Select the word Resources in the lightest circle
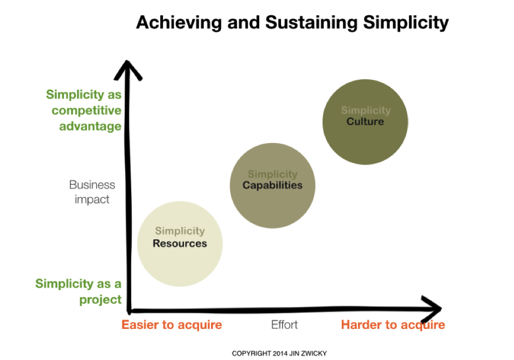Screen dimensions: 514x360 [180, 244]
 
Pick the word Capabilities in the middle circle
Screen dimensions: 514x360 [272, 185]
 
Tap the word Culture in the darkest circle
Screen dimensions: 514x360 [365, 121]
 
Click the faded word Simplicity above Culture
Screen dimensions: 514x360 [365, 110]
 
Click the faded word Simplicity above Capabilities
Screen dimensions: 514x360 [272, 174]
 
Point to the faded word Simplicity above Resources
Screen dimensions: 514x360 [180, 232]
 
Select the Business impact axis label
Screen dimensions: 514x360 [92, 192]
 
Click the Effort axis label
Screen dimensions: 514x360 [284, 325]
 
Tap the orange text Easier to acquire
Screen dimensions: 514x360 [172, 325]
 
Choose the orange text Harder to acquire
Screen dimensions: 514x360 [393, 325]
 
